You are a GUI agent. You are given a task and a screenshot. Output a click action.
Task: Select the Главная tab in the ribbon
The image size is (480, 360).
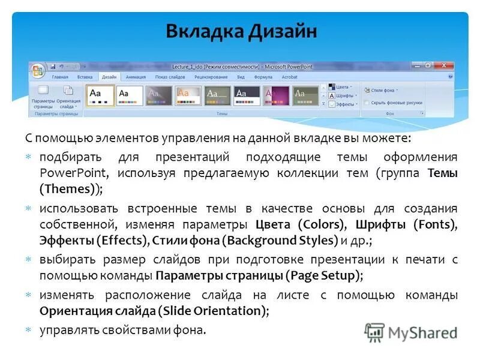(60, 77)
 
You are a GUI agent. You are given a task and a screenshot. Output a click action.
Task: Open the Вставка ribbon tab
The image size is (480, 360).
(85, 77)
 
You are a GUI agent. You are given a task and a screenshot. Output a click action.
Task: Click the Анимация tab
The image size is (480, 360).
(136, 77)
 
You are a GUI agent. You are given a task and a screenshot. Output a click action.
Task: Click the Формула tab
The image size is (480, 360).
(263, 77)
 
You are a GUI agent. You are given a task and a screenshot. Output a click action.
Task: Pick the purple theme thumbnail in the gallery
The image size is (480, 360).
(275, 95)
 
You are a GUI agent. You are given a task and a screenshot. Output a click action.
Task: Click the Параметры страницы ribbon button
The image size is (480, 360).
(43, 95)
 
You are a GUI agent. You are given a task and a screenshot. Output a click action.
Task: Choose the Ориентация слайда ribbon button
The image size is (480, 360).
(68, 95)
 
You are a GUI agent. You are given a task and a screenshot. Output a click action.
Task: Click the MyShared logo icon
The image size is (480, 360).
(374, 332)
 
